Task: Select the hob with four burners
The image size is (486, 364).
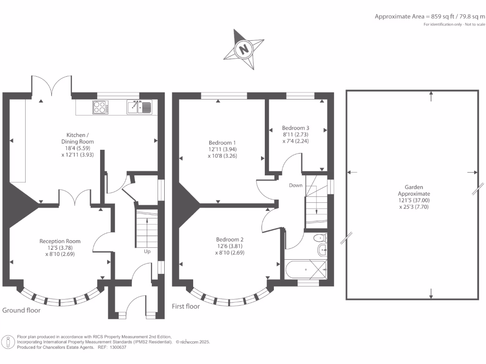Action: [101, 108]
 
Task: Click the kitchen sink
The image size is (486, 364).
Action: [139, 108]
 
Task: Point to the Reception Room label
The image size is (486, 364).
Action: [60, 241]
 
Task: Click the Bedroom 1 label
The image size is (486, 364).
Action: [222, 142]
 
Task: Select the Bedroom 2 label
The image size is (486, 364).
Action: [230, 239]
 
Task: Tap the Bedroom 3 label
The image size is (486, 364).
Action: [295, 128]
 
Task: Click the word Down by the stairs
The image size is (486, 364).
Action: [296, 185]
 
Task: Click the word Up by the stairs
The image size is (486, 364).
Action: [147, 251]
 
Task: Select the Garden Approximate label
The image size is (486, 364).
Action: [414, 191]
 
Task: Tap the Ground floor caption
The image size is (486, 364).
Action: [21, 310]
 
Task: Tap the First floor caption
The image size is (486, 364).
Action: [186, 306]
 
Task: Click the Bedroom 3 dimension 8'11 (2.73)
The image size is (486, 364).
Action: [295, 135]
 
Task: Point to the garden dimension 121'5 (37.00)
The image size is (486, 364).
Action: [414, 200]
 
